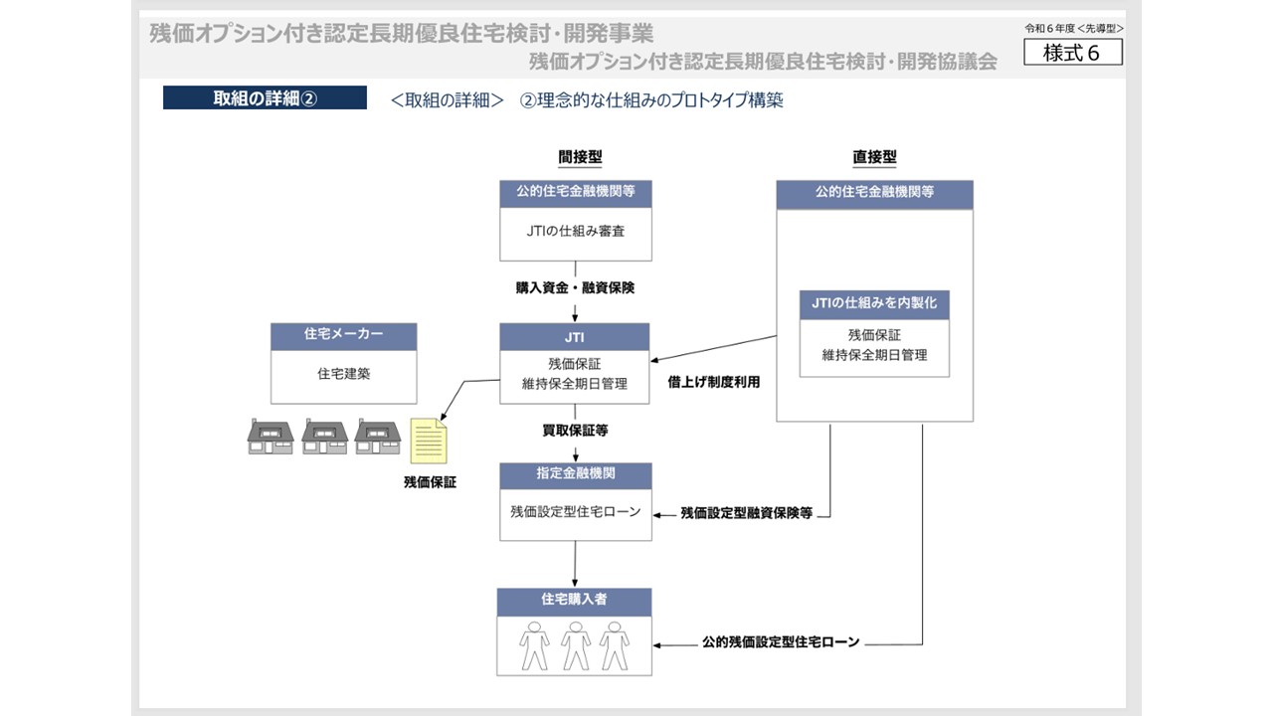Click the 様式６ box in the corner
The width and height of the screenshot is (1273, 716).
point(1072,53)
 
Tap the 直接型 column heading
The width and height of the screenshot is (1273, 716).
point(874,157)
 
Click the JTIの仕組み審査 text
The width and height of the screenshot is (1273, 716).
point(576,231)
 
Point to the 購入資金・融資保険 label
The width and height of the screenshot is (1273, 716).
point(575,287)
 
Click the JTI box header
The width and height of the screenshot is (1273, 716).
point(575,337)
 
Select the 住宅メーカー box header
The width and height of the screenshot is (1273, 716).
point(343,335)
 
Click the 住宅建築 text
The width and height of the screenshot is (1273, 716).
point(343,374)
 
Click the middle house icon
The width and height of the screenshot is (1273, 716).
point(324,437)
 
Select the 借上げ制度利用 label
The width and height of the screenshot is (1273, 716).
point(714,381)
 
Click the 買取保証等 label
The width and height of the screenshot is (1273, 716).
point(575,431)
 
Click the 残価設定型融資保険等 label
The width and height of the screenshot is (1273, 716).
point(747,514)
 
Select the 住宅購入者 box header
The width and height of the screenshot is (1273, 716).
point(575,601)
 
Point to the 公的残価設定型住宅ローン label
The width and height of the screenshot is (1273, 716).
point(781,642)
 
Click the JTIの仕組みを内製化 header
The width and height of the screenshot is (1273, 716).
point(874,304)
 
